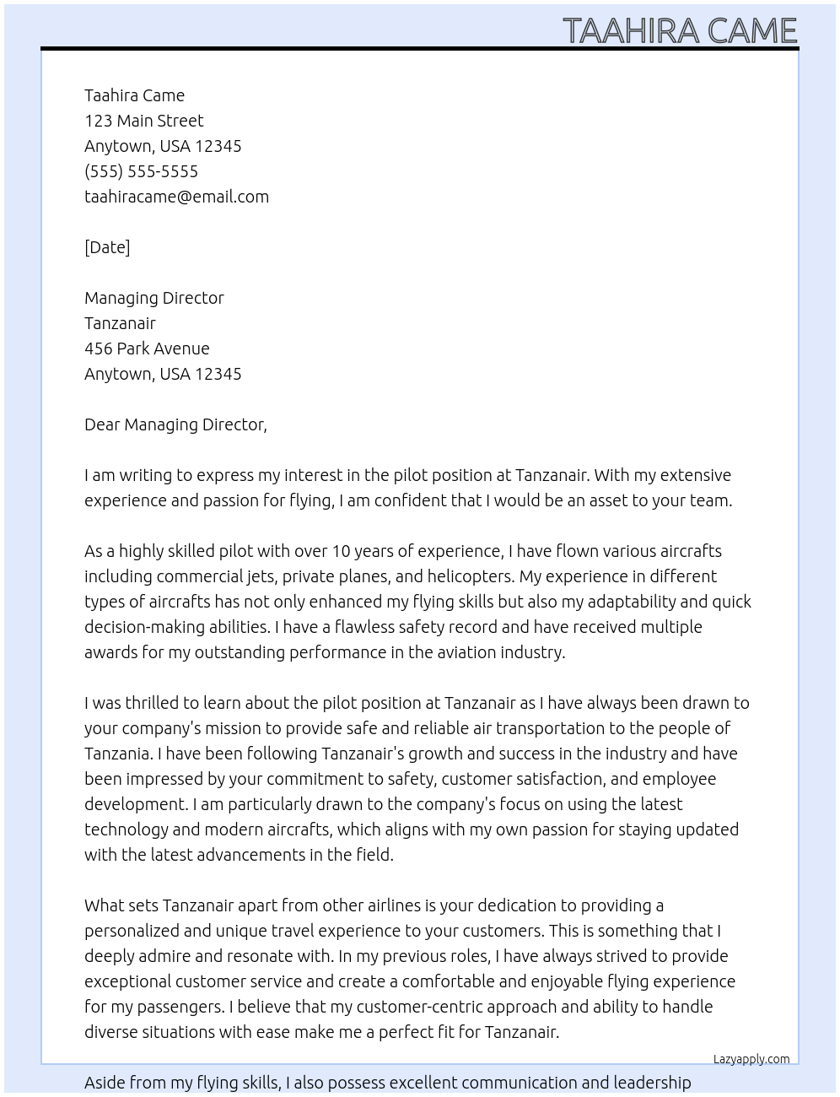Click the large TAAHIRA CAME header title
[680, 30]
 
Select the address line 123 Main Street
[143, 121]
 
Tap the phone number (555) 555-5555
[141, 171]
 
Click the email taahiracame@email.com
[176, 197]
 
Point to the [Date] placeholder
[107, 247]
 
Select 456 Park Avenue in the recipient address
[147, 349]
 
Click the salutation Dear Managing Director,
[175, 424]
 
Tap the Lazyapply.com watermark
[751, 1059]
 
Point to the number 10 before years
[341, 551]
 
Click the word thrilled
[156, 703]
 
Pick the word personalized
[133, 931]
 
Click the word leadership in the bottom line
[652, 1083]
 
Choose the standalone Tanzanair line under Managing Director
[120, 323]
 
